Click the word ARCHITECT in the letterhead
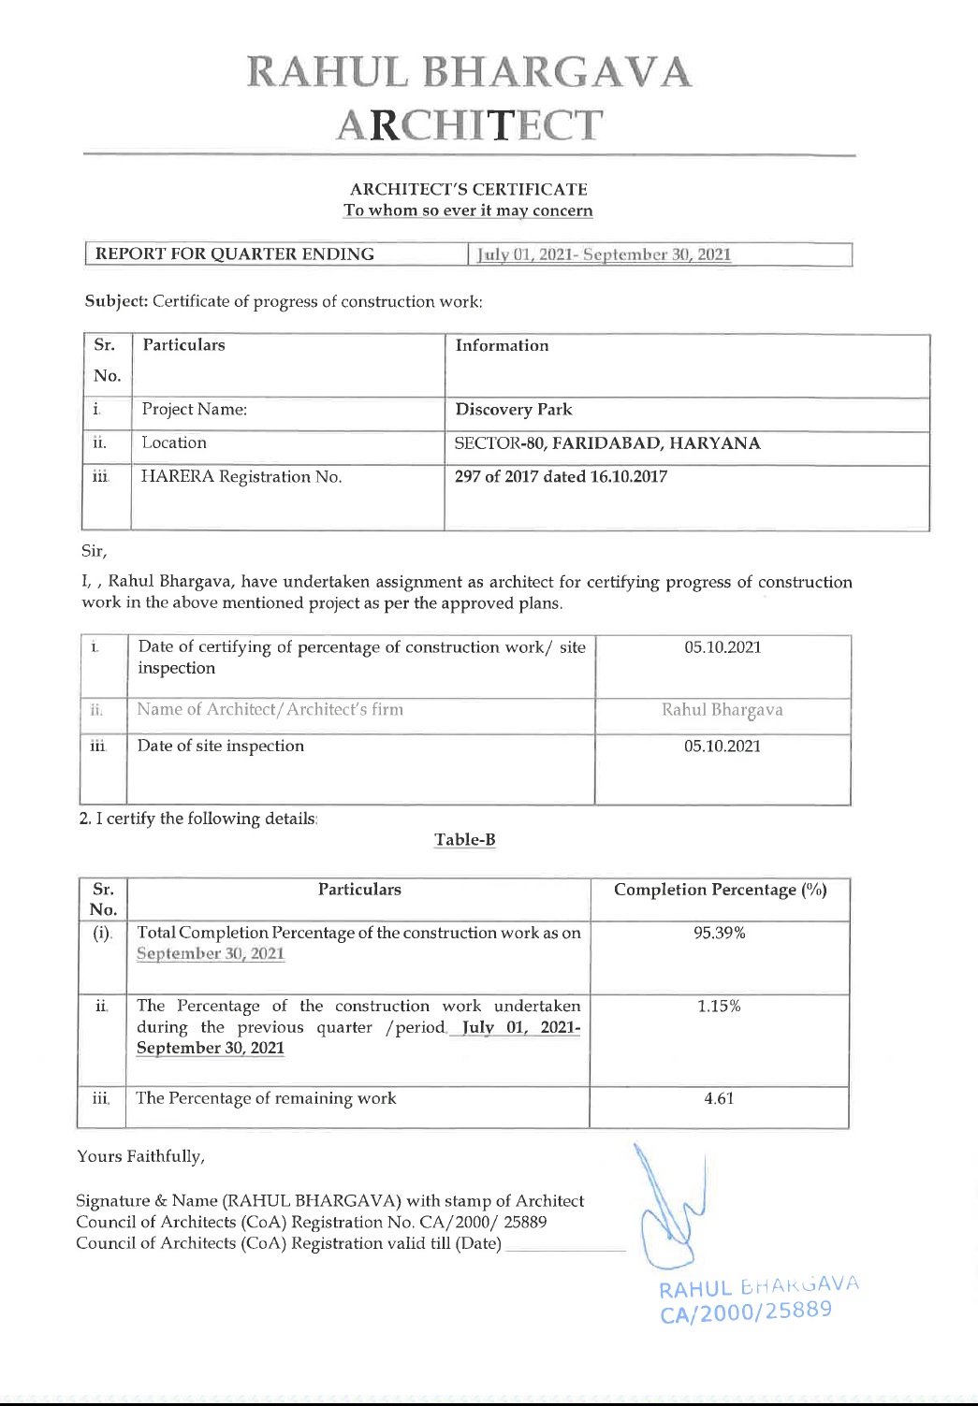pos(469,125)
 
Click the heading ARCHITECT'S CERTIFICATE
pos(469,189)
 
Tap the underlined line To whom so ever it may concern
pos(468,210)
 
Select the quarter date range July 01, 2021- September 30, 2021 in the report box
pos(605,254)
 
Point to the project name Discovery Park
pos(513,410)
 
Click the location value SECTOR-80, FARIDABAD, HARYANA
pos(606,443)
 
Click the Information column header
pos(502,345)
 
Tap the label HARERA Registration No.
pos(241,477)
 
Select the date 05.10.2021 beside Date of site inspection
pos(722,746)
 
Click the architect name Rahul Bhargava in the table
pos(722,710)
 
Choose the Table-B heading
pos(464,840)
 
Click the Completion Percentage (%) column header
pos(720,890)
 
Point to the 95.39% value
pos(719,933)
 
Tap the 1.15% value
pos(719,1007)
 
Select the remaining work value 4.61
pos(719,1098)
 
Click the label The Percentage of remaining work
pos(266,1098)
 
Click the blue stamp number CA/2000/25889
pos(746,1312)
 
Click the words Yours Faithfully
pos(140,1156)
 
